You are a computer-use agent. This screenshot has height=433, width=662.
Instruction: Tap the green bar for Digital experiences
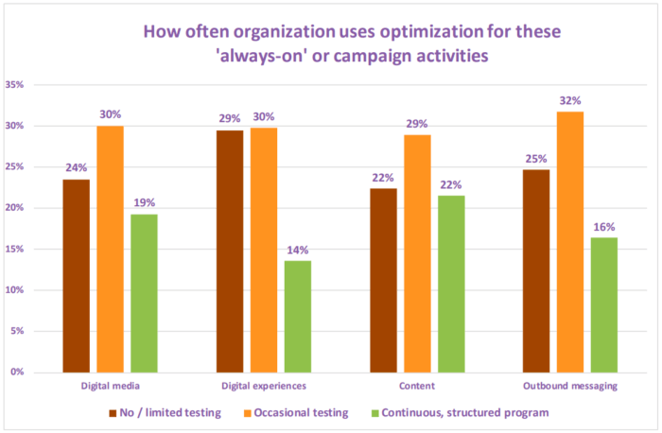pos(297,316)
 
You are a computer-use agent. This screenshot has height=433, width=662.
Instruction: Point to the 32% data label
pos(569,100)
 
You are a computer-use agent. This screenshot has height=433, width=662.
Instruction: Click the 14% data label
pos(297,250)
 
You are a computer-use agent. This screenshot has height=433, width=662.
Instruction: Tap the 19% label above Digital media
pos(144,202)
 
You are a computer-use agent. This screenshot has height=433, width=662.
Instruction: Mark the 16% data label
pos(603,227)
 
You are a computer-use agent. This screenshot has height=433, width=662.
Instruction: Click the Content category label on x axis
pos(416,387)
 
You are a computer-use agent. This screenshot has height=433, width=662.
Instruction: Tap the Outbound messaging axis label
pos(569,387)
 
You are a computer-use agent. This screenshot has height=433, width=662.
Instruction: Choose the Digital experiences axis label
pos(263,387)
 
